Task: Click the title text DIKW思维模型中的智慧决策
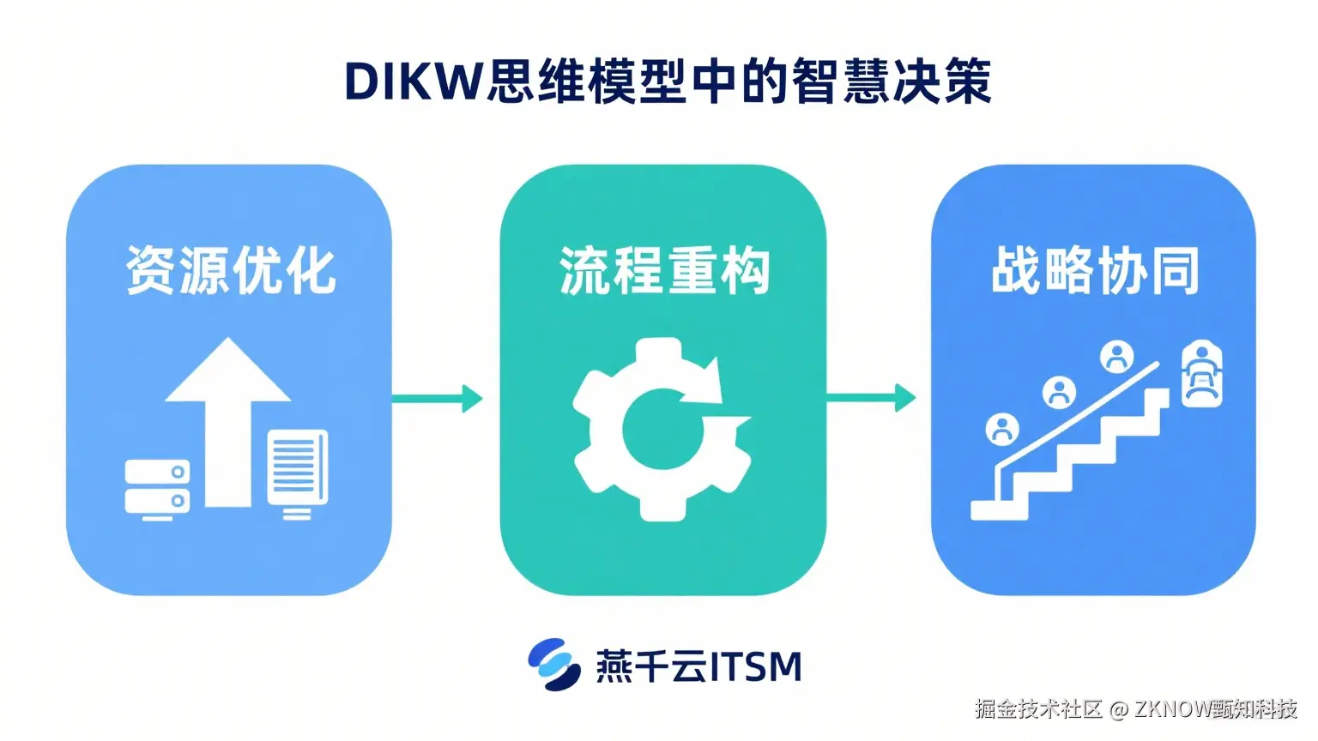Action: pyautogui.click(x=667, y=82)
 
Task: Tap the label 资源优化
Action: pyautogui.click(x=230, y=271)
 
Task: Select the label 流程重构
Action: pyautogui.click(x=664, y=271)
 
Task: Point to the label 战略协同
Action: pyautogui.click(x=1094, y=271)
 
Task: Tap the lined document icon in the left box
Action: pyautogui.click(x=297, y=472)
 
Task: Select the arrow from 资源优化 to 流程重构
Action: pyautogui.click(x=437, y=398)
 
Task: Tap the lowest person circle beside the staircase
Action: pyautogui.click(x=1001, y=428)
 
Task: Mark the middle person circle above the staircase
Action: pyautogui.click(x=1059, y=392)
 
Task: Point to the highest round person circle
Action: pyautogui.click(x=1116, y=356)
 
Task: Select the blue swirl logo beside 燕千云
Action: pyautogui.click(x=553, y=665)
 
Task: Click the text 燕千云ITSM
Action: pyautogui.click(x=698, y=666)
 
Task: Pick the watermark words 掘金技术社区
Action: pyautogui.click(x=1037, y=708)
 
